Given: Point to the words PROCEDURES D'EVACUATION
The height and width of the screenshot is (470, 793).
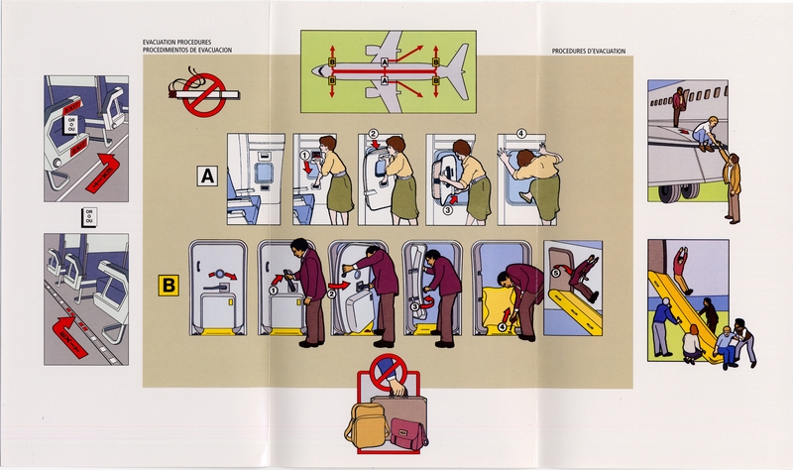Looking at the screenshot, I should [589, 52].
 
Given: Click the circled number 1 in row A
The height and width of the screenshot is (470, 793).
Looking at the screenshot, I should [305, 154].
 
